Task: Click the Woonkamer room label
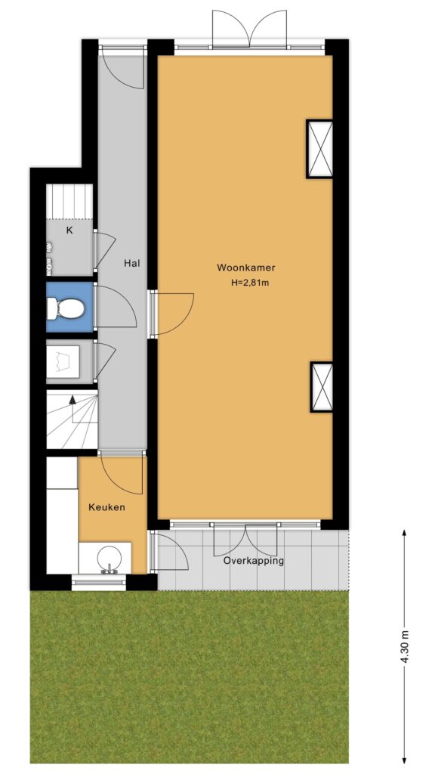[x=245, y=268]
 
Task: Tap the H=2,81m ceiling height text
[x=250, y=283]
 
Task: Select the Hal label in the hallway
[x=131, y=264]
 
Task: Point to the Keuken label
[x=106, y=507]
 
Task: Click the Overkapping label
[x=254, y=561]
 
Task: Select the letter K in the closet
[x=69, y=230]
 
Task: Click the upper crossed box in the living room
[x=319, y=149]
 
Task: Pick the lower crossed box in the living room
[x=322, y=387]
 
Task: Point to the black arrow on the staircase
[x=73, y=409]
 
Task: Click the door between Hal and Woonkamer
[x=171, y=314]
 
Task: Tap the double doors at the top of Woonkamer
[x=250, y=29]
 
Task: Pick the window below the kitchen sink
[x=99, y=583]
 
